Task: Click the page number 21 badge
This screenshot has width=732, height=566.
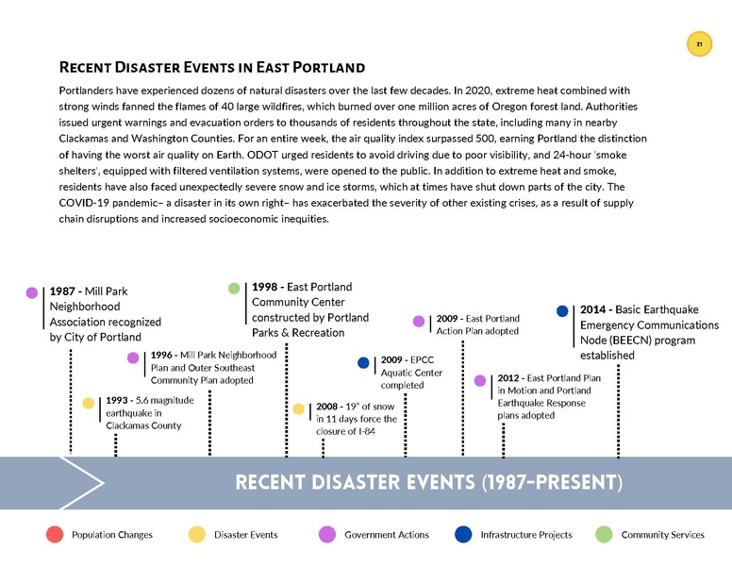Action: click(x=699, y=44)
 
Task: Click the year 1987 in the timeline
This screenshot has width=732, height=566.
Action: click(x=63, y=292)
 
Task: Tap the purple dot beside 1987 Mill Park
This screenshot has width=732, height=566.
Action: click(x=32, y=293)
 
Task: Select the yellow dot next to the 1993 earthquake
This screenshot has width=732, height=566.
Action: click(x=88, y=403)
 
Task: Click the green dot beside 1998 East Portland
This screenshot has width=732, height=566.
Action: click(x=234, y=288)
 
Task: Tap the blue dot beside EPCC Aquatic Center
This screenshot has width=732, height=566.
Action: click(x=363, y=361)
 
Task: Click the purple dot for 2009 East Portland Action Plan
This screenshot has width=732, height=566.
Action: click(x=419, y=321)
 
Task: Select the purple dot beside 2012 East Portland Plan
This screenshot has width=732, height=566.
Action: click(x=480, y=380)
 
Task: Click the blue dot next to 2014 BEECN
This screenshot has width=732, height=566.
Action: click(x=562, y=310)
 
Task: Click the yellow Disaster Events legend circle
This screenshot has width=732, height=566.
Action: click(x=197, y=535)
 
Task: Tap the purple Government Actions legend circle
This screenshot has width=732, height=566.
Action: click(x=327, y=535)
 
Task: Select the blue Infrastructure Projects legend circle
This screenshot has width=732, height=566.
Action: click(x=463, y=535)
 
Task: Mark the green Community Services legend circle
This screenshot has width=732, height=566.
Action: click(x=604, y=535)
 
